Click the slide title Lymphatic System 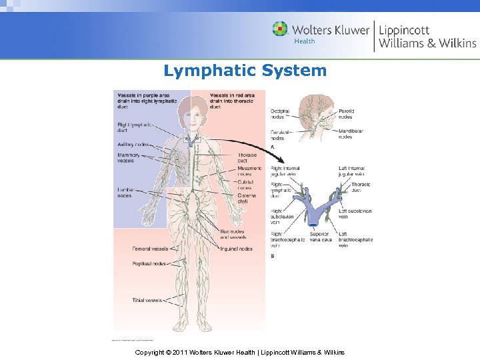click(245, 71)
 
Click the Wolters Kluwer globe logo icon click(280, 29)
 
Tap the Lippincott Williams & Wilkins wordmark click(427, 36)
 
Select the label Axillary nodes click(133, 144)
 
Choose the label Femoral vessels click(150, 249)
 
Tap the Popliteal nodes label click(149, 263)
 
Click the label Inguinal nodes click(236, 249)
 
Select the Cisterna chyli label click(247, 198)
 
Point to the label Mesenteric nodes click(249, 171)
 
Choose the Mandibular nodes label click(351, 134)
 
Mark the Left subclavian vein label click(355, 213)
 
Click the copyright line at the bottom click(239, 351)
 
